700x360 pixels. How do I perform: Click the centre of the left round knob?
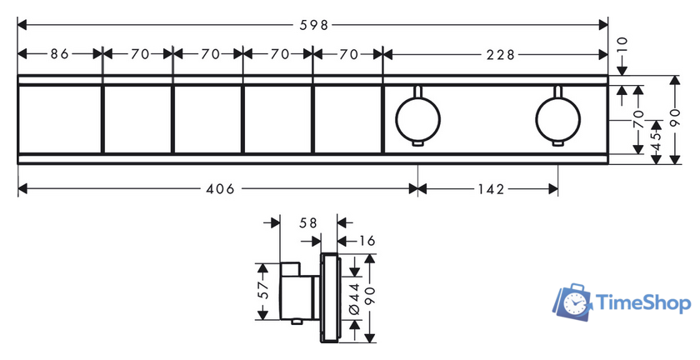(x=417, y=120)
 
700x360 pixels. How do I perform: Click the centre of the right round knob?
(x=558, y=120)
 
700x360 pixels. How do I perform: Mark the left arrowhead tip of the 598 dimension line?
(x=17, y=25)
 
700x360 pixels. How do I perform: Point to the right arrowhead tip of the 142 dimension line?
(x=558, y=189)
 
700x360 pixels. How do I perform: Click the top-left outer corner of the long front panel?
(x=17, y=76)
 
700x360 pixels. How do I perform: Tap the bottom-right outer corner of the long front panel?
(x=607, y=164)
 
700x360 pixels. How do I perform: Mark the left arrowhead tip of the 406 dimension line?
(x=17, y=189)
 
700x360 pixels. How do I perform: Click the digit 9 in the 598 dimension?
(x=314, y=25)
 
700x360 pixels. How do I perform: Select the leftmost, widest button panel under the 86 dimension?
(x=60, y=119)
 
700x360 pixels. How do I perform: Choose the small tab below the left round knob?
(x=417, y=143)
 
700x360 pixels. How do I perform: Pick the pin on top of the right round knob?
(x=558, y=91)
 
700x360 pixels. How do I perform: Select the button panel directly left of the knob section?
(x=347, y=119)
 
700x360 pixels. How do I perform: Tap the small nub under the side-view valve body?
(x=296, y=322)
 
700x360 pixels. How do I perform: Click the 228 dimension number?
(x=501, y=54)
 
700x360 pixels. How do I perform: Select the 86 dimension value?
(x=59, y=54)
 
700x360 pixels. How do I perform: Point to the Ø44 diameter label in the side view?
(x=355, y=298)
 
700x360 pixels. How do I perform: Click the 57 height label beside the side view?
(x=263, y=289)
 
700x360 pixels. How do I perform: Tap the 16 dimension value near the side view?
(x=367, y=241)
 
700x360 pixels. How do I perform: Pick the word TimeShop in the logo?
(x=643, y=303)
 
